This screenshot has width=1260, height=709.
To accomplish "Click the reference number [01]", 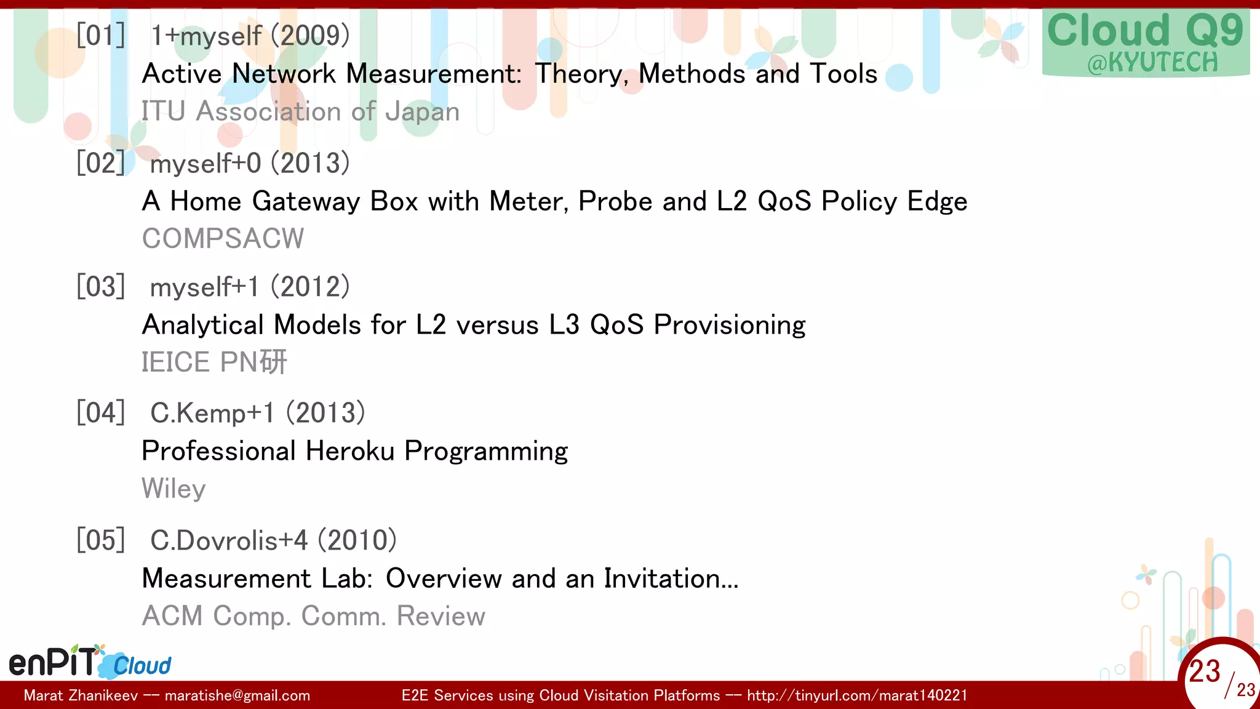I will (101, 35).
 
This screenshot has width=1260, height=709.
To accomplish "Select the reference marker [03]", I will (101, 287).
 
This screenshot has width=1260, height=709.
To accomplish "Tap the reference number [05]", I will (101, 540).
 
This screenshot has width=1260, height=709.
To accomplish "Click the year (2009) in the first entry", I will (311, 36).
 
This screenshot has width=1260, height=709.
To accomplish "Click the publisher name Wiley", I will (173, 489).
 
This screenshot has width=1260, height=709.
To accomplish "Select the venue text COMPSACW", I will (223, 239).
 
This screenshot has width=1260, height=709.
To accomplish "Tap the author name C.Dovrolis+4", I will (229, 540).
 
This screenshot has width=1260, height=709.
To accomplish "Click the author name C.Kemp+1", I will (212, 413).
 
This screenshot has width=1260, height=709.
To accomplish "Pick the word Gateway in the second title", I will (306, 202).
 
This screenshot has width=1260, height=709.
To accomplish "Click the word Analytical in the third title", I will (203, 325).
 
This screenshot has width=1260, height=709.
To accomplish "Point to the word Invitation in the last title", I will (671, 579).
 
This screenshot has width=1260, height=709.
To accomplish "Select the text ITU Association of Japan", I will (300, 112).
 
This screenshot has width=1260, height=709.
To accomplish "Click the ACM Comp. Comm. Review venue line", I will (313, 616).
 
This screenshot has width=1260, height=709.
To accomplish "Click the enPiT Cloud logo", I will (90, 662).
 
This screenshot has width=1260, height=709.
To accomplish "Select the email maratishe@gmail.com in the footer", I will (237, 695).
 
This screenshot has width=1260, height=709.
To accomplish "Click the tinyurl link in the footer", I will (857, 695).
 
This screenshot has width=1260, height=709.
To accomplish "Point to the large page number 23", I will (1204, 671).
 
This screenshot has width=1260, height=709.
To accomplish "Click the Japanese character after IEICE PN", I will (273, 362).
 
